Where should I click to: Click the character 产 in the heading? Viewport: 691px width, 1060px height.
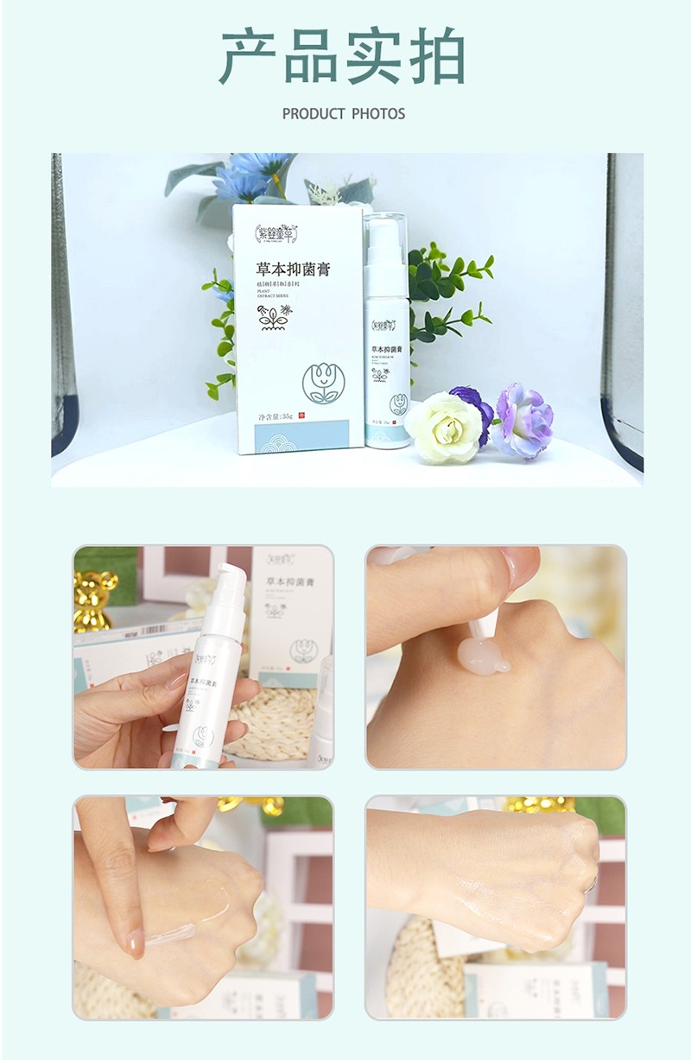247,57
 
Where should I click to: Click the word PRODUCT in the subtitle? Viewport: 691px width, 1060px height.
313,114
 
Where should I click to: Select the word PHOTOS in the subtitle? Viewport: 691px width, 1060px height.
378,114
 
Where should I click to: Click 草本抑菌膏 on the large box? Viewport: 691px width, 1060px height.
294,270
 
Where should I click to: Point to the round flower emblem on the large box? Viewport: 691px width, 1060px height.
323,383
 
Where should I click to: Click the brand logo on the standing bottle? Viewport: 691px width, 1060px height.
384,326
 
